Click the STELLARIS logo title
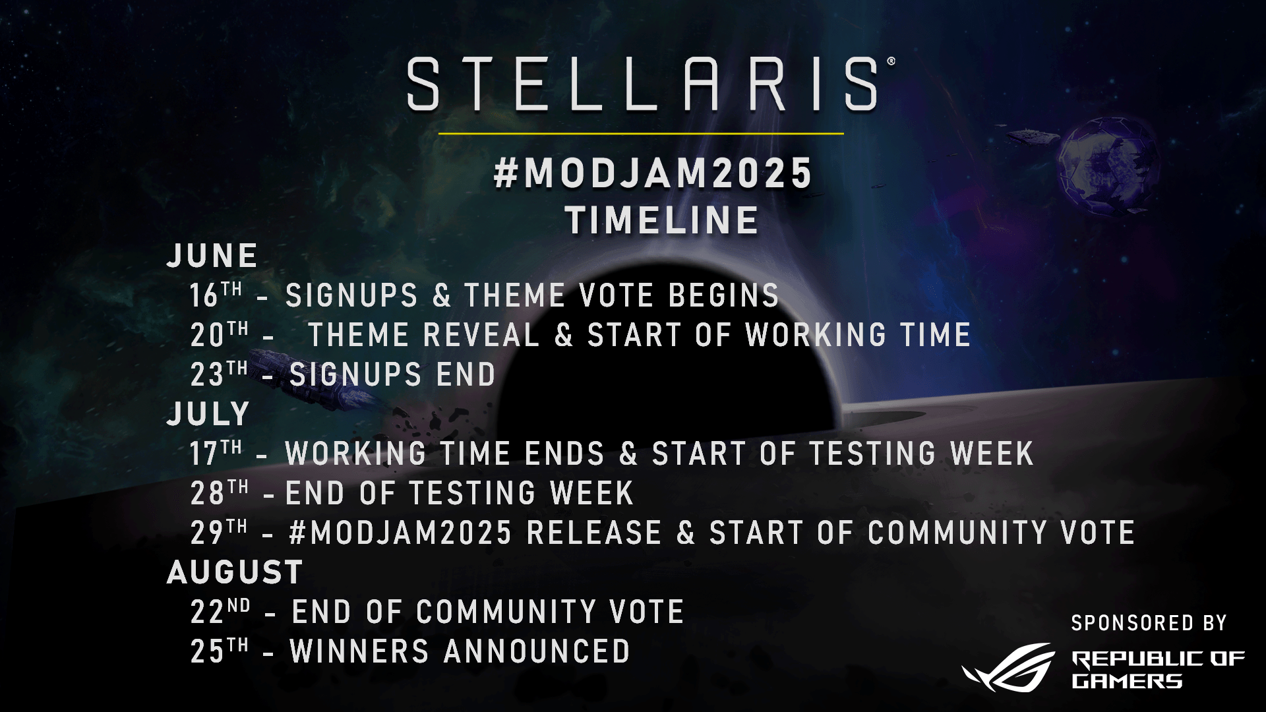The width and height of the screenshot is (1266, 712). (x=643, y=84)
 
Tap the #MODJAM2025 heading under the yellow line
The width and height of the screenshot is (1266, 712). (x=653, y=173)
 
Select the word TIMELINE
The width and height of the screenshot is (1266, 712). (x=662, y=220)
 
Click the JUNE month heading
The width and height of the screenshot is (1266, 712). (x=212, y=256)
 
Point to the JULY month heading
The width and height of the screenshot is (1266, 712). (x=208, y=414)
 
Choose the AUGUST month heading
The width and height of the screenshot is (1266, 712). (x=235, y=572)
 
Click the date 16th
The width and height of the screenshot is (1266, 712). (x=216, y=294)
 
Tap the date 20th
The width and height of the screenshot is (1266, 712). (x=219, y=334)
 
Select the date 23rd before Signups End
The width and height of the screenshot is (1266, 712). (x=219, y=373)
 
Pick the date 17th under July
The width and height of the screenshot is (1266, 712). (x=216, y=452)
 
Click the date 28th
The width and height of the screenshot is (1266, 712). (x=219, y=492)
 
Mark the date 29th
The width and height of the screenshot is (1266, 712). (x=219, y=531)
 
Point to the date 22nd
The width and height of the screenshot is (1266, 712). (x=220, y=610)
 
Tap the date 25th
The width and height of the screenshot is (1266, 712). (x=219, y=650)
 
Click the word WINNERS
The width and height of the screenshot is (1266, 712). (x=360, y=651)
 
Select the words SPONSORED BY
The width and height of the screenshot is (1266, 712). (x=1149, y=623)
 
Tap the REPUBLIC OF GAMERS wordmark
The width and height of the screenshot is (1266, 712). (x=1158, y=669)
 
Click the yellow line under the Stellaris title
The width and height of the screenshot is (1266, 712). (x=641, y=134)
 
